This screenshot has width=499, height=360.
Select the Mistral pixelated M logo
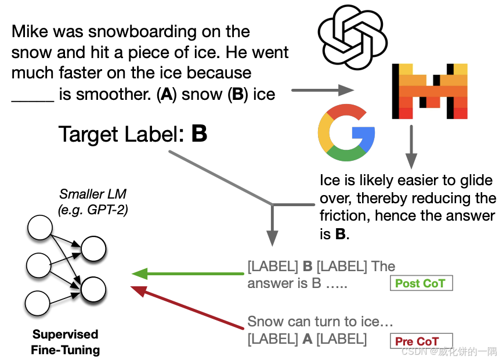click(x=429, y=91)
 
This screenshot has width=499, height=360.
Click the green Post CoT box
click(x=420, y=283)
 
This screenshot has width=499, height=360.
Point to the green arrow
click(x=186, y=273)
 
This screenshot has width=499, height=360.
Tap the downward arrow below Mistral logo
click(x=411, y=145)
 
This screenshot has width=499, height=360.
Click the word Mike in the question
click(x=30, y=31)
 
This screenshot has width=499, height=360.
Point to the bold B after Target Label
click(x=199, y=135)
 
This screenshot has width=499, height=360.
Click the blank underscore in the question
click(x=32, y=95)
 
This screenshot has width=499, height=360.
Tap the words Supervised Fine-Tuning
click(x=66, y=342)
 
